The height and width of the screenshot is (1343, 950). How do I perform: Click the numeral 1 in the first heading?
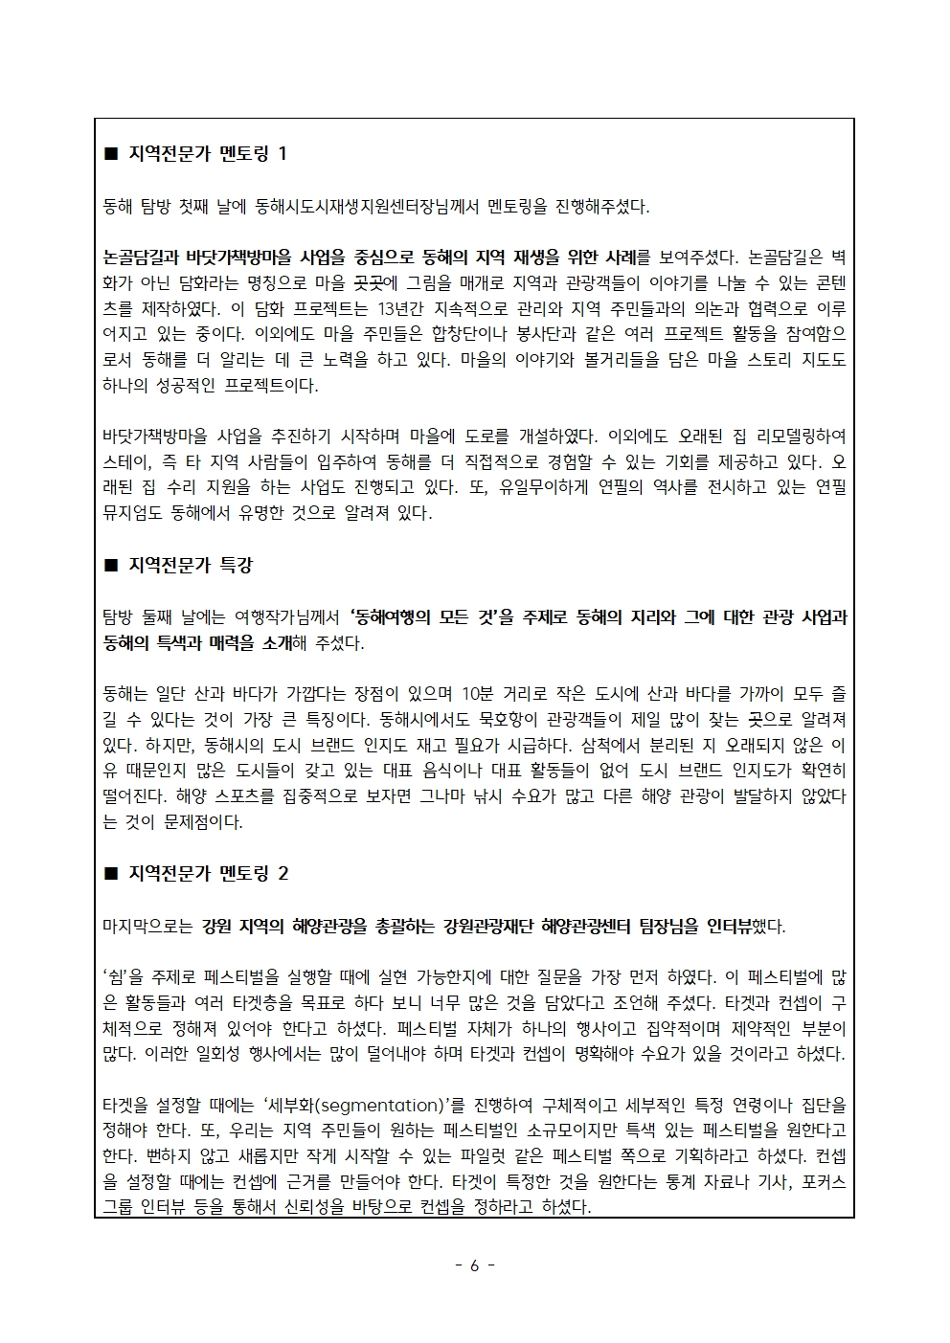[281, 153]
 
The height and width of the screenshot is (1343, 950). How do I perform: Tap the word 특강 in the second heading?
[236, 565]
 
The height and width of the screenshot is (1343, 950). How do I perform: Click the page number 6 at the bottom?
[475, 1265]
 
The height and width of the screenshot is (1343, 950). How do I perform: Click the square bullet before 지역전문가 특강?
[110, 566]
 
